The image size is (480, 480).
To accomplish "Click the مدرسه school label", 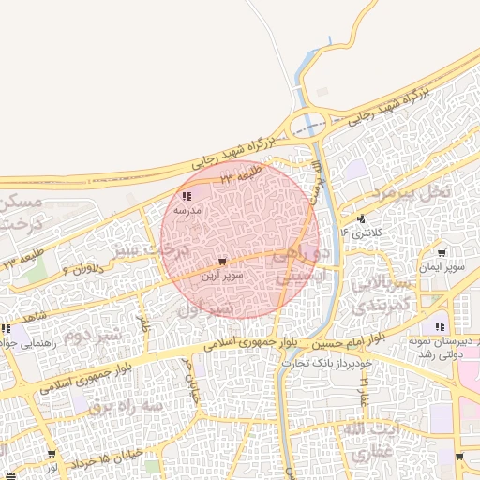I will (x=185, y=212).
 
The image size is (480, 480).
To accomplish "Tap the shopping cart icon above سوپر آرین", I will (x=221, y=262).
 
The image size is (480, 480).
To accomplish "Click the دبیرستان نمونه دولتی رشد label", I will (x=442, y=350).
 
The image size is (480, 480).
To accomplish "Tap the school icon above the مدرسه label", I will (x=187, y=197).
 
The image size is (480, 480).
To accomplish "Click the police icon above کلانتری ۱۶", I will (x=360, y=217).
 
